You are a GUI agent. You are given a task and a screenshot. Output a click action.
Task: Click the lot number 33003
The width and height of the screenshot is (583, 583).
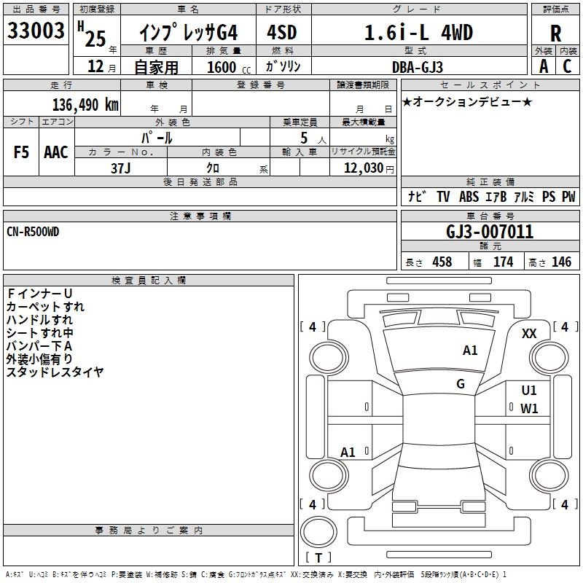pos(36,31)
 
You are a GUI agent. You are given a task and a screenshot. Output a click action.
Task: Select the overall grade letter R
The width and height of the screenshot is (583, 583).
pos(555,34)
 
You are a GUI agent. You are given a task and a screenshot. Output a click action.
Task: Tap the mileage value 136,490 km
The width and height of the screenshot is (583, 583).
pos(85,105)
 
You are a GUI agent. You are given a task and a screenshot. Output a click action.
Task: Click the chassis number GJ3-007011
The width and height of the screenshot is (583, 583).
pos(490,232)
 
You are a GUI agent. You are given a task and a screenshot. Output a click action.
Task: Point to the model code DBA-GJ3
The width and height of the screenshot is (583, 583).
pos(418,67)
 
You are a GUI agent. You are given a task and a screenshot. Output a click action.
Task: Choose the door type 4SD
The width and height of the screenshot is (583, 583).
pos(282,32)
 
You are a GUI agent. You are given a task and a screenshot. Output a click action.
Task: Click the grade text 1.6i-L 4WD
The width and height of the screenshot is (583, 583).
pos(418,32)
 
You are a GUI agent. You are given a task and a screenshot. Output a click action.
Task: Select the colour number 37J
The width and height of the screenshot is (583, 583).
pos(120,168)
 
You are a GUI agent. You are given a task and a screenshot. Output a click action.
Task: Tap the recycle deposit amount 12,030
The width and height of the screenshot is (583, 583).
pos(364,168)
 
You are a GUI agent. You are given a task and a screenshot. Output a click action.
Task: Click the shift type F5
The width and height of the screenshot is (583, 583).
pos(21,152)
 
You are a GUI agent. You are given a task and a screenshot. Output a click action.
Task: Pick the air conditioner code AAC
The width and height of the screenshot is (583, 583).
pos(56,152)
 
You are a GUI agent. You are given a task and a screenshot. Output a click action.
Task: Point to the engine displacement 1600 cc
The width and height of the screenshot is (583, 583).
pos(229,67)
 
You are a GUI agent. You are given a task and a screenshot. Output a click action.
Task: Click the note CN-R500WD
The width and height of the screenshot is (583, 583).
pos(33,232)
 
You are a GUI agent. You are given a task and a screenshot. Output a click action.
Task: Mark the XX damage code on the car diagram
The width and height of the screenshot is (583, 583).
pos(529,334)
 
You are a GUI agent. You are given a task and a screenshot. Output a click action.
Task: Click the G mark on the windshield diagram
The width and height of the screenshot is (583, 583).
pos(461,383)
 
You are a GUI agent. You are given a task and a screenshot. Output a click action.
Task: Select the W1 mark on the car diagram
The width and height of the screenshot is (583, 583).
pos(529,409)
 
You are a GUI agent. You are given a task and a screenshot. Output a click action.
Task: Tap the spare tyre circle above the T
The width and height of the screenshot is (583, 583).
pos(318,532)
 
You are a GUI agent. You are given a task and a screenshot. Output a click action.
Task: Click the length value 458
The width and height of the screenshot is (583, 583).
pos(442,262)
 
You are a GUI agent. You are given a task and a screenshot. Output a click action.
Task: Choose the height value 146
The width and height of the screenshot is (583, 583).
pos(561,262)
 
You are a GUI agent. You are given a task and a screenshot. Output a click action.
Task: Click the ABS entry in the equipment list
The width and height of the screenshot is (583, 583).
pos(469,196)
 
